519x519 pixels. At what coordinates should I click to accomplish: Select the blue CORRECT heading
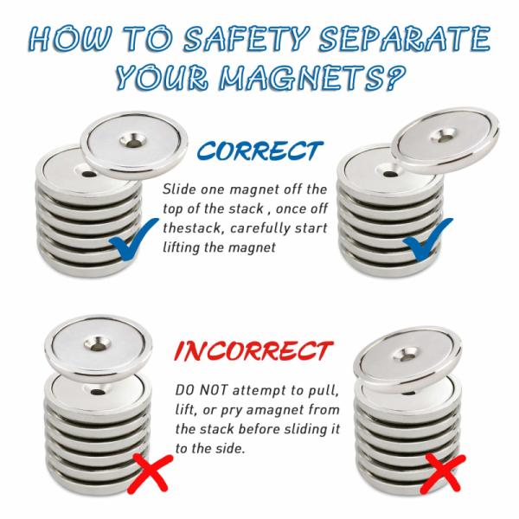(x=259, y=151)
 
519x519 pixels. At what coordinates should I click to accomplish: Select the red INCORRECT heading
(x=253, y=351)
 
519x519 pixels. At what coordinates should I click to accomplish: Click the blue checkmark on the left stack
(x=133, y=238)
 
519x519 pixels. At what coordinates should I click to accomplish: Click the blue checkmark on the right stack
(x=427, y=239)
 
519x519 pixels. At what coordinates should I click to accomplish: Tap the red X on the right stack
(x=443, y=472)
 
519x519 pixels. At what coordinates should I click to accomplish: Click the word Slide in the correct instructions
(x=179, y=189)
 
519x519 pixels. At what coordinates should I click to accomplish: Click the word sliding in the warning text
(x=294, y=430)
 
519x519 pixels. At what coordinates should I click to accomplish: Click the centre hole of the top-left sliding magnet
(x=133, y=142)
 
